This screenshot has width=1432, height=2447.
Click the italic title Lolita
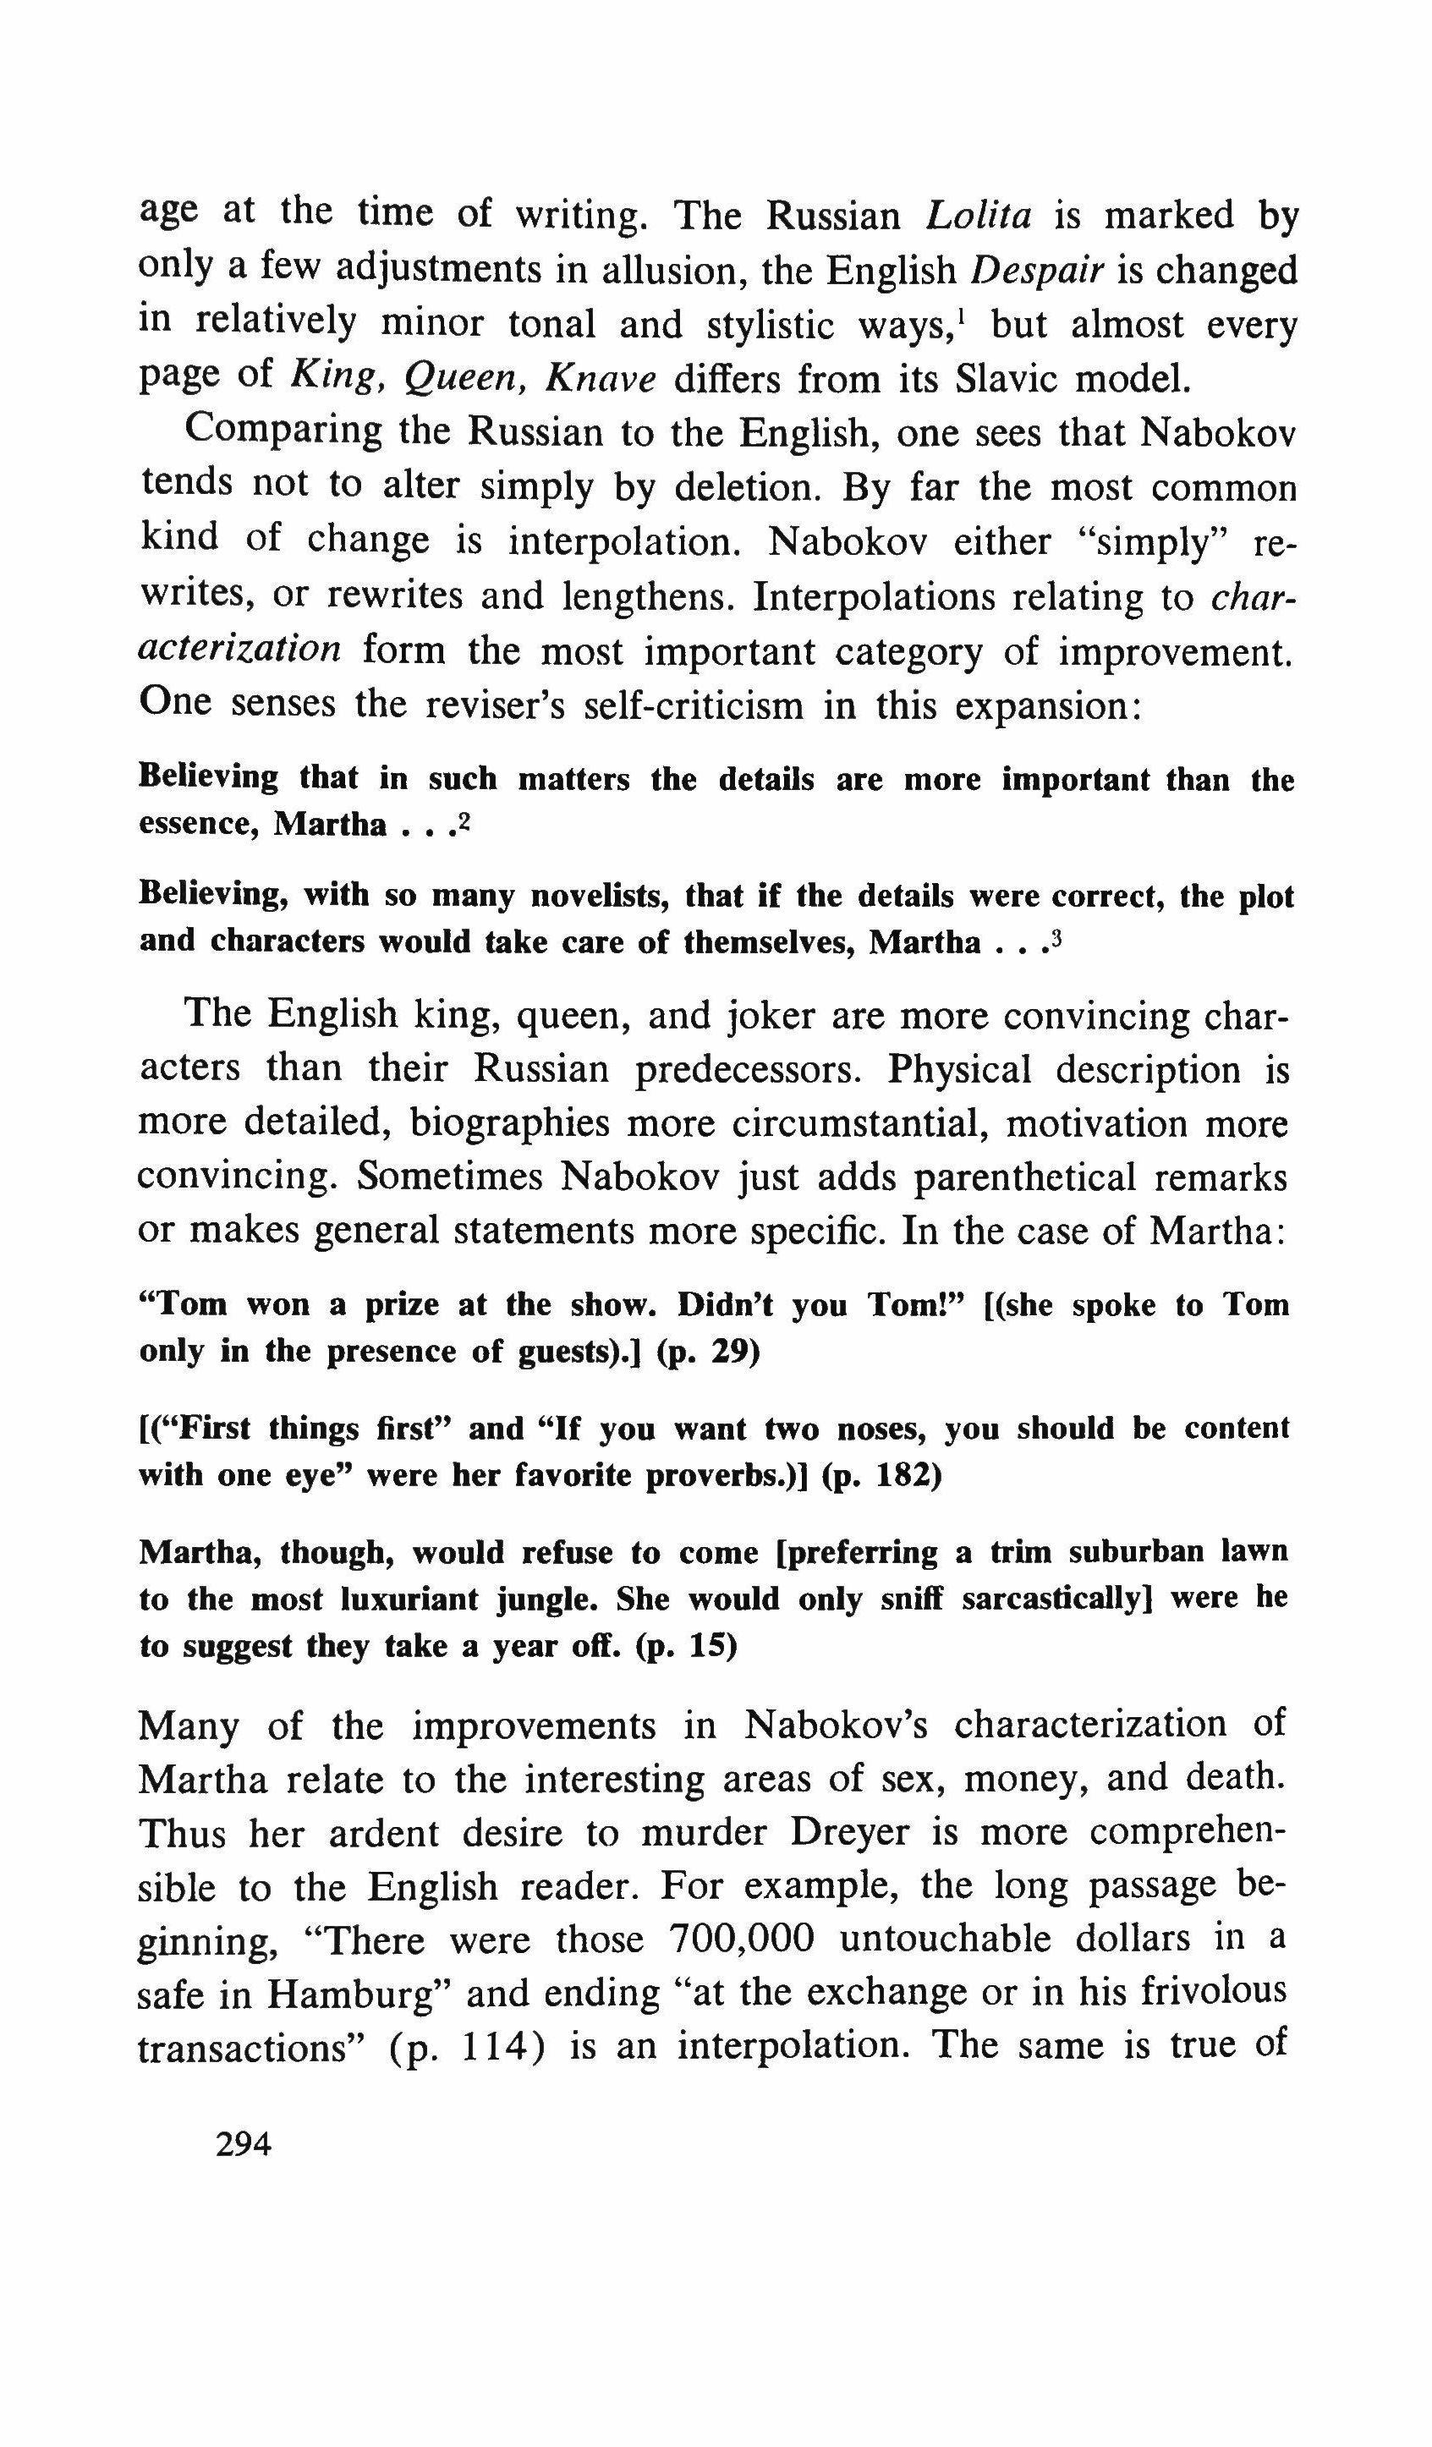click(x=979, y=215)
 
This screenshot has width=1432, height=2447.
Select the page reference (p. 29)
click(x=708, y=1352)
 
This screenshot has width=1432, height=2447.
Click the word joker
click(x=774, y=1016)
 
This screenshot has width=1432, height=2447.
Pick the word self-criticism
click(x=694, y=704)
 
